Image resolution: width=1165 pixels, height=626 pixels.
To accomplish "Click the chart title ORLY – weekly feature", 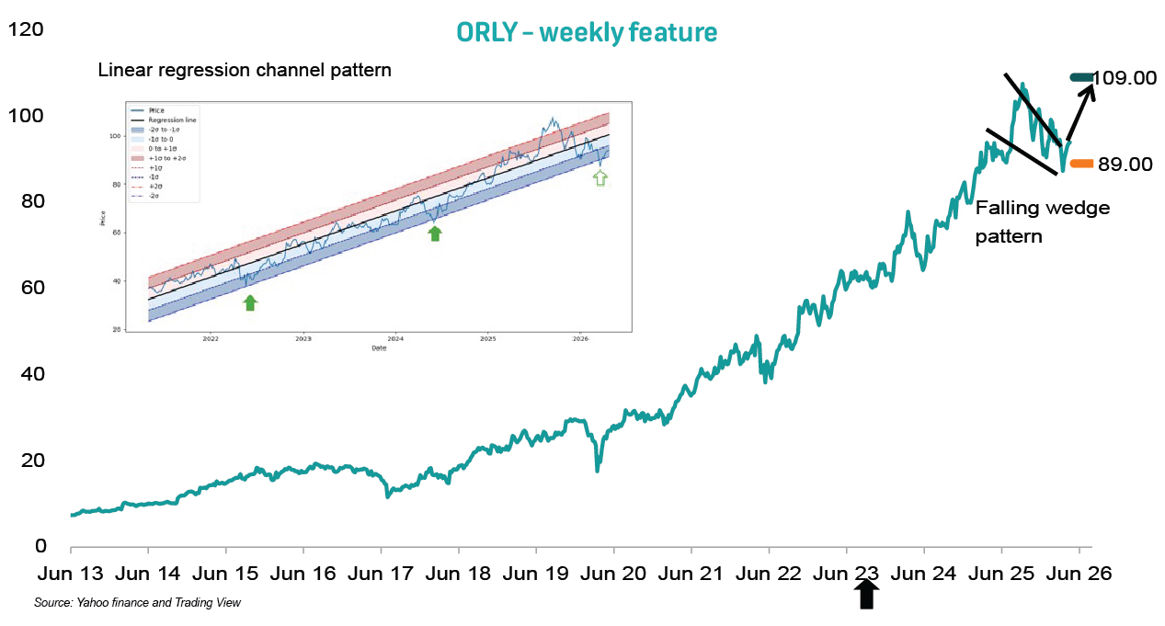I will tap(587, 32).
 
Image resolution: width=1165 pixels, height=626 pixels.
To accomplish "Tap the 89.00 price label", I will tap(1125, 165).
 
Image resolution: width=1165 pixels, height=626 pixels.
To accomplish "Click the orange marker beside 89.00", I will tap(1080, 164).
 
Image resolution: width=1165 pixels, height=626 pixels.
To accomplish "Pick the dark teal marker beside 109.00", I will tap(1081, 76).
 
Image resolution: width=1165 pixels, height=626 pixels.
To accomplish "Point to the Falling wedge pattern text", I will tap(1042, 222).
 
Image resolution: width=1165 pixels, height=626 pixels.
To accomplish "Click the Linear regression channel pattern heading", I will tap(245, 70).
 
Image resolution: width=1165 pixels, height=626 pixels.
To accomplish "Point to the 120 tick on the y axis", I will tap(26, 29).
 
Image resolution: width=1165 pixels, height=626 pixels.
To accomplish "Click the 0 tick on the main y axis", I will tap(40, 546).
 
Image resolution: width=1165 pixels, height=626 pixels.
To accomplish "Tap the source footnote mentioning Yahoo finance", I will tap(137, 603).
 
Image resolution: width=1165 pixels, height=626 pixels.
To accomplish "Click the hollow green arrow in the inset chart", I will tap(601, 177).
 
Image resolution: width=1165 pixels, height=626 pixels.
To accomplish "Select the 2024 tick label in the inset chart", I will tap(395, 338).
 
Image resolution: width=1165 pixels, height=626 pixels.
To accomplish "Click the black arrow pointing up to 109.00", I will tap(1080, 111).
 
